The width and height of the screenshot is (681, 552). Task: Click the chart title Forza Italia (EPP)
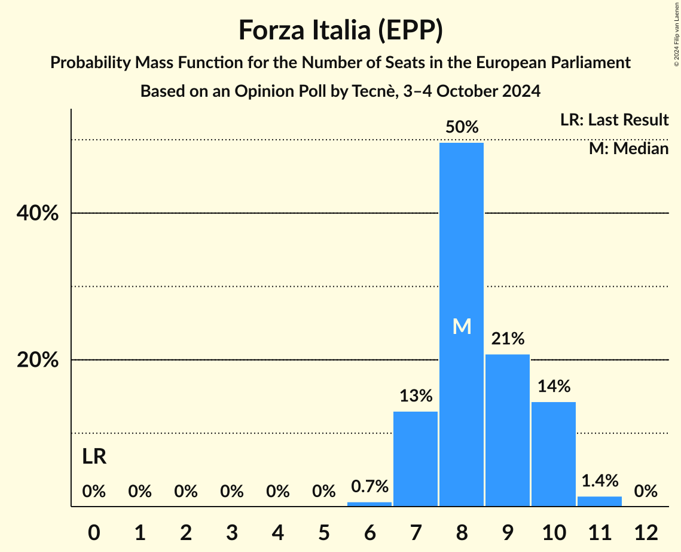pos(340,30)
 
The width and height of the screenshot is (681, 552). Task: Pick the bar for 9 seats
pos(508,430)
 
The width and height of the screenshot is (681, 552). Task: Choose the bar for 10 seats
pos(554,454)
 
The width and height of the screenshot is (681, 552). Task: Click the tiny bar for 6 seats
pos(369,504)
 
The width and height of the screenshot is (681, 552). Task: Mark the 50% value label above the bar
pos(462,127)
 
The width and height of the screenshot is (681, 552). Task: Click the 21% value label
pos(508,339)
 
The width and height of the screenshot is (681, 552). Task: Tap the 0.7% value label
pos(369,487)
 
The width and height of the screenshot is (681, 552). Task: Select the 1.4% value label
pos(600,481)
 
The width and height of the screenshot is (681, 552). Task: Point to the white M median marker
pos(462,326)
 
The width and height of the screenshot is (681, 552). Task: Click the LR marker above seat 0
pos(94,457)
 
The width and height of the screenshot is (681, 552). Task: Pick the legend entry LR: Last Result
pos(614,120)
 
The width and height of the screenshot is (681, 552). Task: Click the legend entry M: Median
pos(628,148)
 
